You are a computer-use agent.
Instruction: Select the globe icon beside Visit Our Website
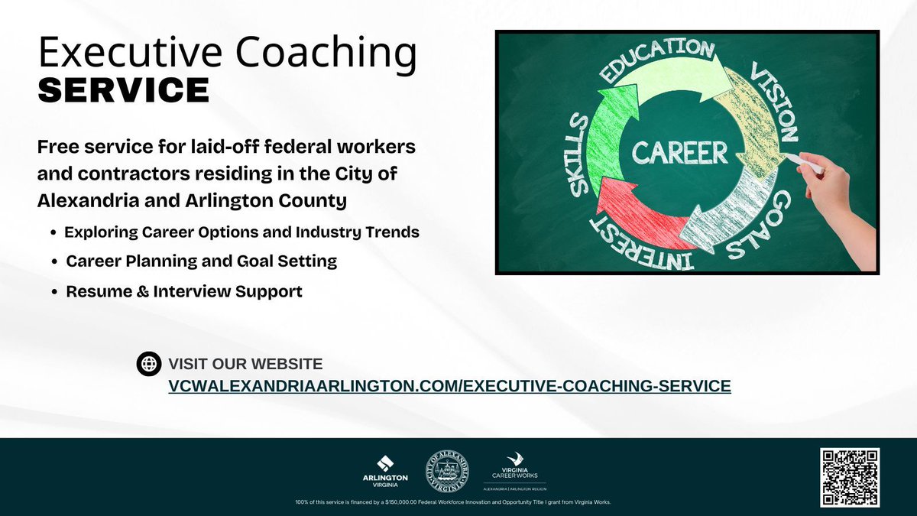pos(149,364)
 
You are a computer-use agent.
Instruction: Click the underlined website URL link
pos(449,386)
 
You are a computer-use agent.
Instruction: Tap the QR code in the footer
pos(850,477)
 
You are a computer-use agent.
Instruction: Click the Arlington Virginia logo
pos(385,470)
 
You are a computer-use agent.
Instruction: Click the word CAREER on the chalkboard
pos(679,152)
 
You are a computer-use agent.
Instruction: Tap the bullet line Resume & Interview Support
pos(184,291)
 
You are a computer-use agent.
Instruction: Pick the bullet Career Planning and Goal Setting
pos(201,261)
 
